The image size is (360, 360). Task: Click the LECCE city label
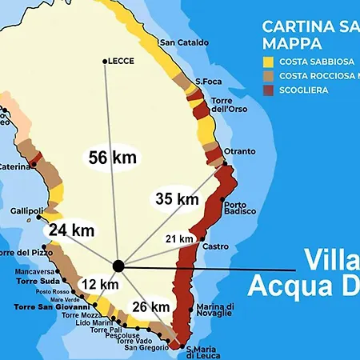click(x=122, y=61)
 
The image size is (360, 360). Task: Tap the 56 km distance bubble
click(x=112, y=158)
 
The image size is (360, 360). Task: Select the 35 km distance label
click(x=176, y=198)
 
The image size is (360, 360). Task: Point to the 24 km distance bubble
click(x=71, y=230)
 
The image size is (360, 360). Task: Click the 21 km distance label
click(x=179, y=238)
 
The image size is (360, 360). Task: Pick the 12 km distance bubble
click(x=100, y=284)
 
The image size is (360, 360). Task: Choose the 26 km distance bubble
click(x=150, y=306)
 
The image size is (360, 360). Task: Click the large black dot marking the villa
click(x=118, y=265)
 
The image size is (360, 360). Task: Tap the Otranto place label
click(x=240, y=151)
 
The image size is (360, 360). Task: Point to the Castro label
click(x=216, y=247)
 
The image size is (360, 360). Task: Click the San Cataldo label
click(x=184, y=42)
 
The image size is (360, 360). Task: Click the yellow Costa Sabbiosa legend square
click(x=268, y=60)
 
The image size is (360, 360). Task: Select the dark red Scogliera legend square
click(x=268, y=90)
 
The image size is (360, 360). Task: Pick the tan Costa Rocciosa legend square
click(x=268, y=75)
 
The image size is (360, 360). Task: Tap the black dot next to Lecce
click(x=105, y=61)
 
